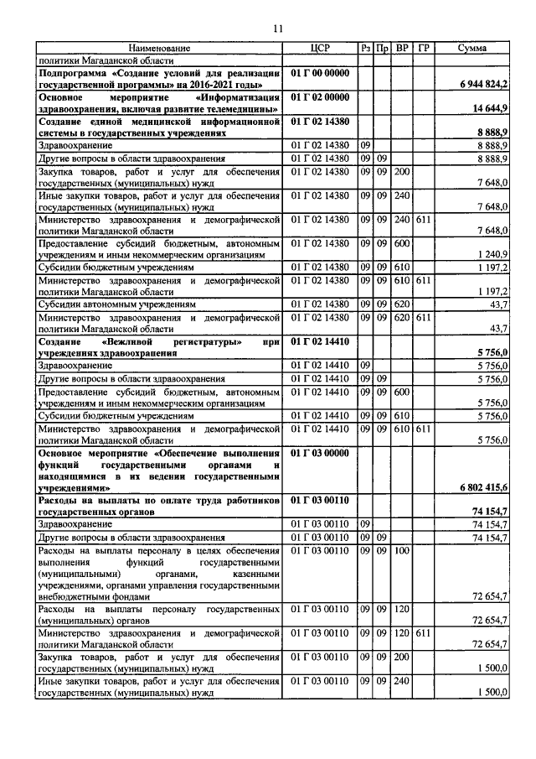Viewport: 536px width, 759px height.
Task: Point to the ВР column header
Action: (x=402, y=49)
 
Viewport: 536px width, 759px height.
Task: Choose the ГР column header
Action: (x=424, y=49)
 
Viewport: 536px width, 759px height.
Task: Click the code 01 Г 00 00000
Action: (x=318, y=74)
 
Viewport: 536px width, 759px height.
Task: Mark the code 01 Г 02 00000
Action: (x=318, y=97)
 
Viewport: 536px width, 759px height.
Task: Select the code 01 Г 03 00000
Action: (x=318, y=454)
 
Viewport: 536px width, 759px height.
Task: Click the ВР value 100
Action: (x=402, y=550)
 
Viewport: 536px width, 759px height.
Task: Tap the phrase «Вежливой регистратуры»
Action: (x=159, y=342)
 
